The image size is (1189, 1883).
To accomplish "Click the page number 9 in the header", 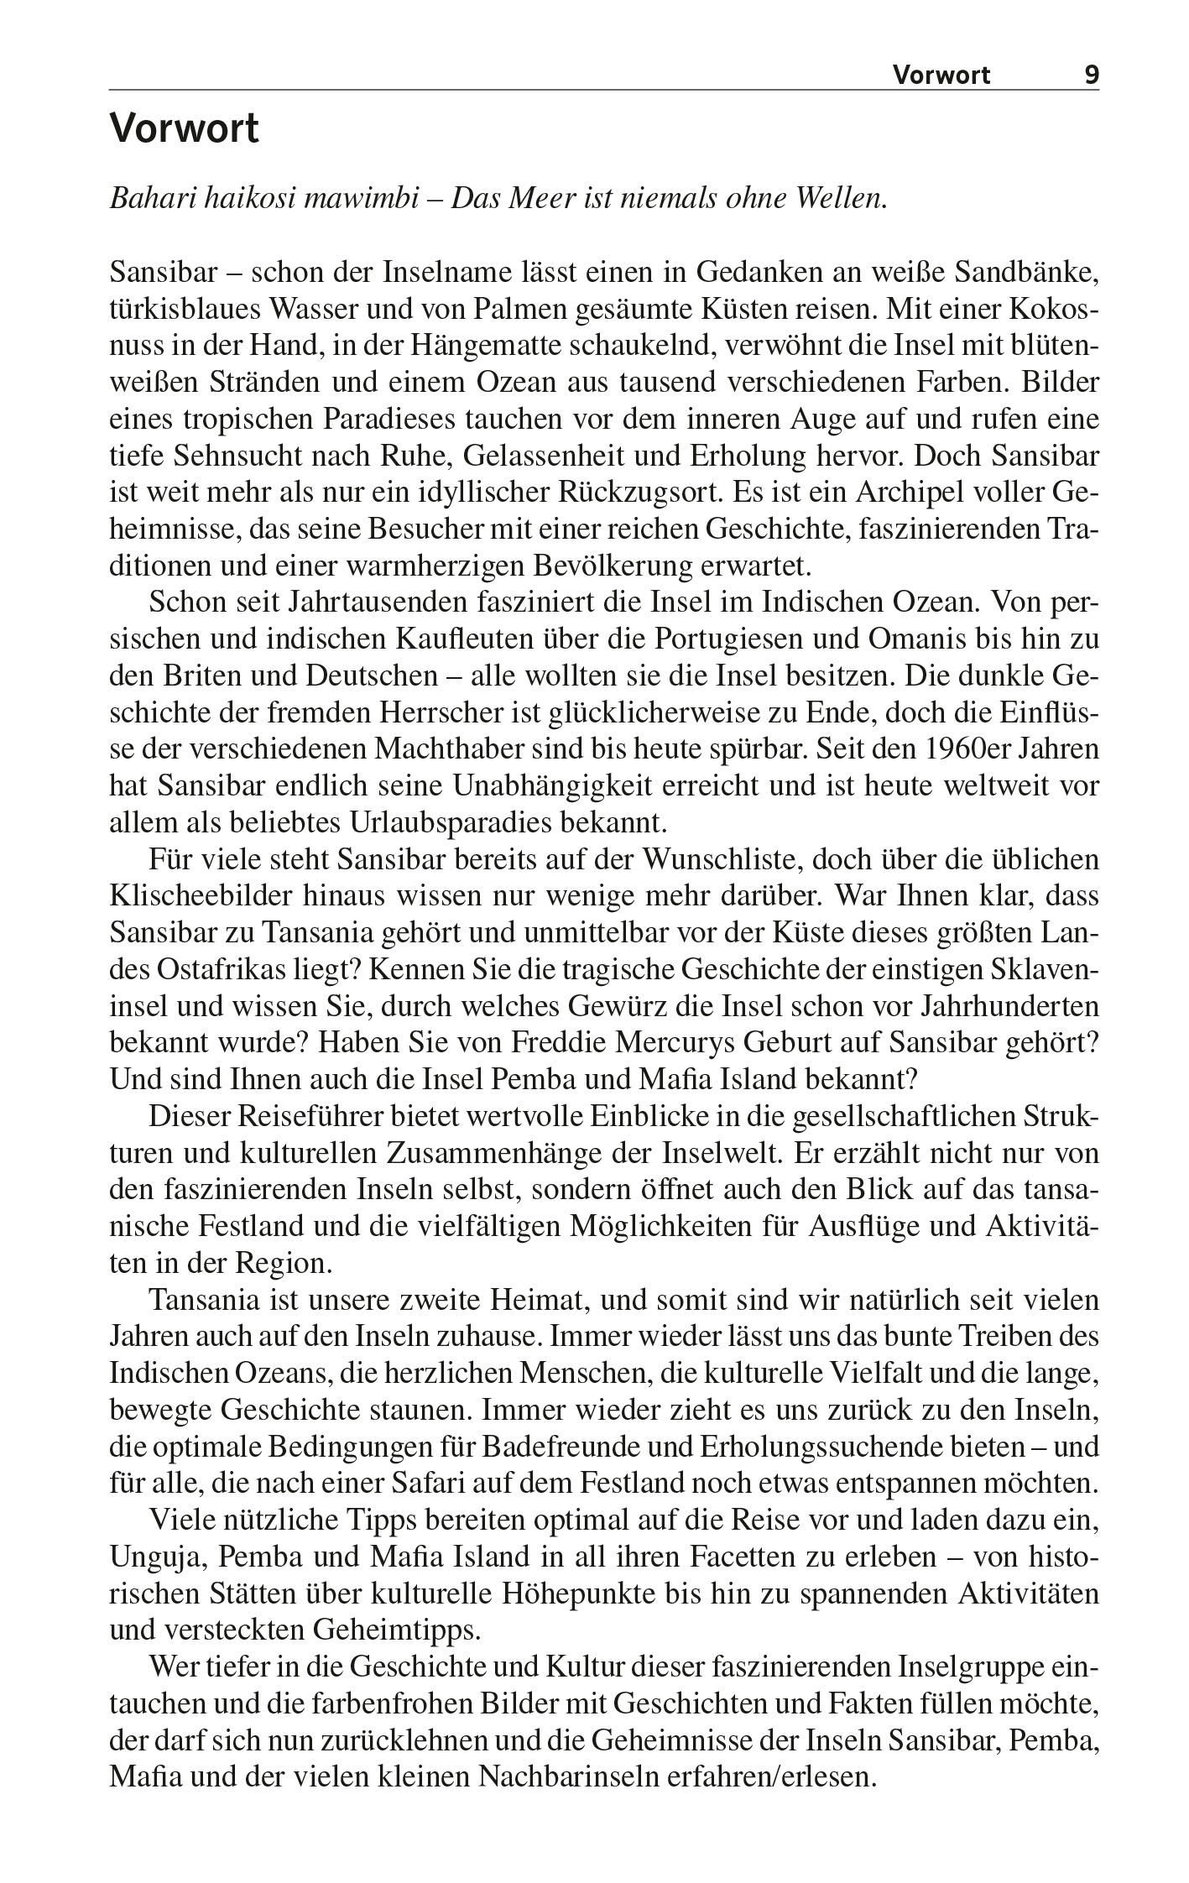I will click(x=1091, y=76).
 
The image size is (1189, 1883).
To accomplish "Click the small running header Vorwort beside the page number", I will click(x=941, y=76).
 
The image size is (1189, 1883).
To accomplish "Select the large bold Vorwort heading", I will click(x=185, y=130).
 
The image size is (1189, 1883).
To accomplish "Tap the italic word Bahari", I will click(x=148, y=200).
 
